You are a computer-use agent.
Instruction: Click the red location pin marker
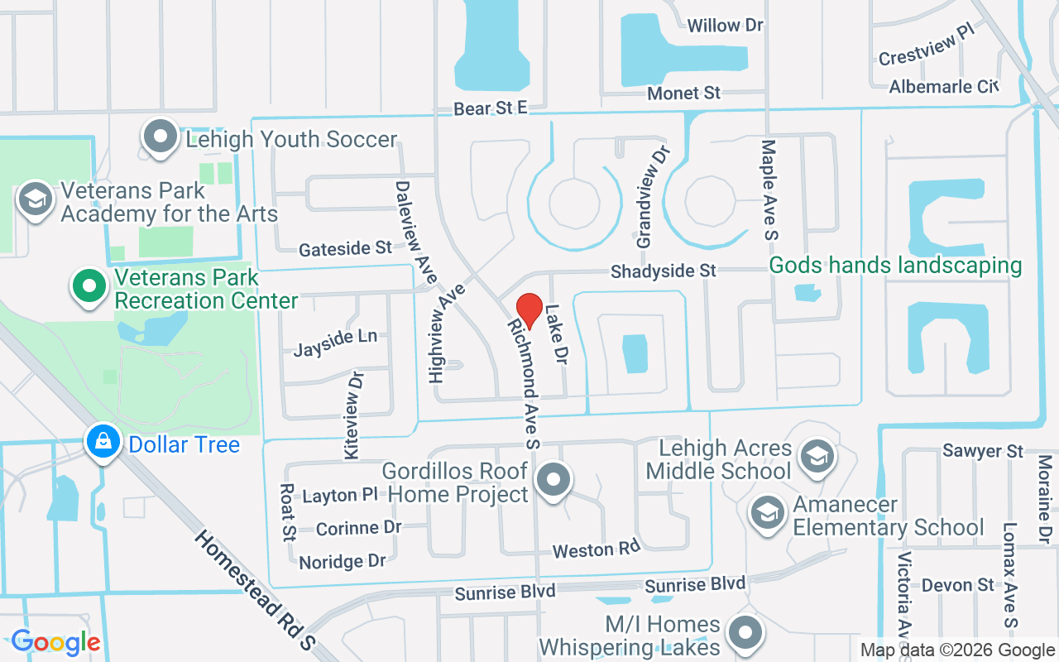point(529,311)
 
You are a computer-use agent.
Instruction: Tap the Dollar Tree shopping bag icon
point(103,443)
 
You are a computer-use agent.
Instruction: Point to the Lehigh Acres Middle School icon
point(817,456)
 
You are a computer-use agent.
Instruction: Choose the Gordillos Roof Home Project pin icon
point(553,481)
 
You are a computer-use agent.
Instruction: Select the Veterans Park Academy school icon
point(36,199)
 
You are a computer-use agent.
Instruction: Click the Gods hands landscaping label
point(895,266)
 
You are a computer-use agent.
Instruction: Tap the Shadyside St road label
point(663,271)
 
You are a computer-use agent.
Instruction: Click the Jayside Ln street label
point(335,342)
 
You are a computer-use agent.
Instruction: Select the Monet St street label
point(684,94)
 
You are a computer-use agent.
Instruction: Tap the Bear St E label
point(490,108)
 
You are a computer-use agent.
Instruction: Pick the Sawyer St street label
point(983,451)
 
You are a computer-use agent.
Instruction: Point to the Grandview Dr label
point(651,198)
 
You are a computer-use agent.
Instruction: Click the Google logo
point(55,641)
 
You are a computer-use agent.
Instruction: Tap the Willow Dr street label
point(725,26)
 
